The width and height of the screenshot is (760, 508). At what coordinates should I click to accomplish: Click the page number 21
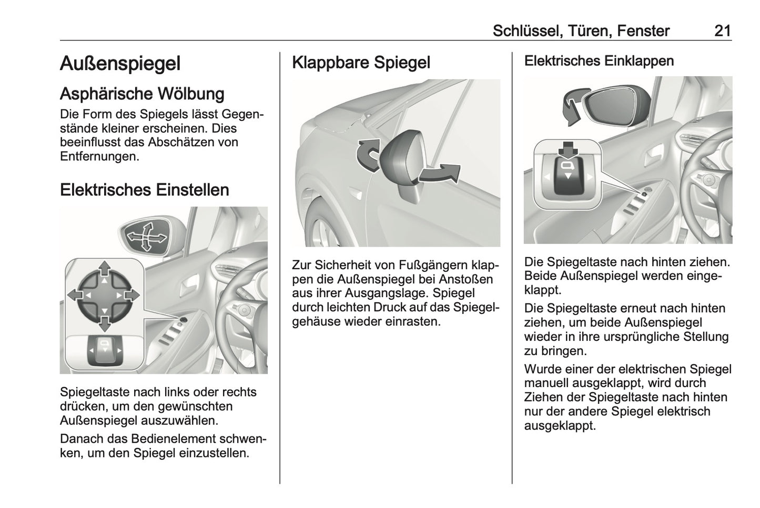(x=722, y=31)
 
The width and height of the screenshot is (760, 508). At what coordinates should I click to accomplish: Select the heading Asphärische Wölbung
(x=142, y=94)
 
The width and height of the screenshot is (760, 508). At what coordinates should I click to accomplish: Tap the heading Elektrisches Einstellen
(x=144, y=189)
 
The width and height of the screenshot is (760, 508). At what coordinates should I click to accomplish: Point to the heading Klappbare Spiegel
(x=361, y=62)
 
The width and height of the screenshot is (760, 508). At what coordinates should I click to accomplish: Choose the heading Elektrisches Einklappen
(x=599, y=61)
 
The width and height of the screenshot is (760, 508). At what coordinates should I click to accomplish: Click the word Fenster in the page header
(x=643, y=31)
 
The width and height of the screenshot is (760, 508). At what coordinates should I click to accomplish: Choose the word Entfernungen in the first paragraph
(x=99, y=156)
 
